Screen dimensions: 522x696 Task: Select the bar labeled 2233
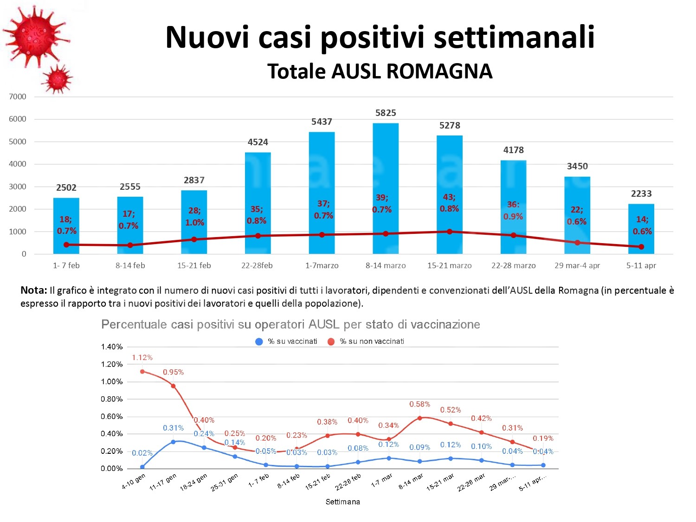[x=641, y=227]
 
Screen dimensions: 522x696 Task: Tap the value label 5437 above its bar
[x=322, y=122]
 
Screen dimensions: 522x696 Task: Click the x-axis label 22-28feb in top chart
[x=257, y=265]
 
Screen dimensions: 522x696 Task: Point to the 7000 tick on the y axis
[x=18, y=97]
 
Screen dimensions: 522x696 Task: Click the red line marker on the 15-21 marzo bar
[x=450, y=232]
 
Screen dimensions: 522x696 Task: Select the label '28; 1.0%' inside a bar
[x=194, y=217]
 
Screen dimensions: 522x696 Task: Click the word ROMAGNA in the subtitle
[x=439, y=71]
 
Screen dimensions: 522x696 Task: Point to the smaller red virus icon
[x=58, y=79]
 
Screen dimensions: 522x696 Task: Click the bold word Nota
[x=33, y=290]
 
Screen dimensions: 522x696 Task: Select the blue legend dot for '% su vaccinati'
[x=259, y=342]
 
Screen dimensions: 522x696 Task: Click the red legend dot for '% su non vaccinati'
[x=331, y=342]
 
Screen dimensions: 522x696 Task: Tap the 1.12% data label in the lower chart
[x=142, y=358]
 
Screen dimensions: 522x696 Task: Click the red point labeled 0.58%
[x=420, y=418]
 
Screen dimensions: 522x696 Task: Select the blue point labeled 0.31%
[x=173, y=442]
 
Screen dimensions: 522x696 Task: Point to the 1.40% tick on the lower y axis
[x=111, y=347]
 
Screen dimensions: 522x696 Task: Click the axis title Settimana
[x=342, y=502]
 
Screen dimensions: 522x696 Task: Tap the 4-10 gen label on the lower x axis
[x=134, y=482]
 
